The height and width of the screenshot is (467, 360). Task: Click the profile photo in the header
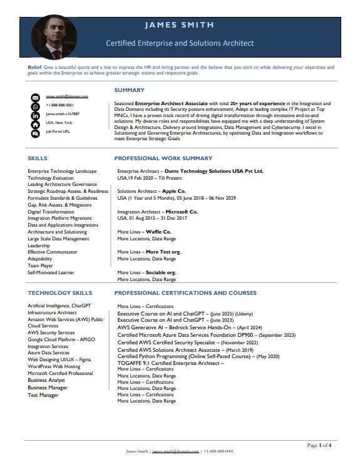tap(54, 37)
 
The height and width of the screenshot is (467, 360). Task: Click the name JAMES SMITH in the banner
tap(179, 25)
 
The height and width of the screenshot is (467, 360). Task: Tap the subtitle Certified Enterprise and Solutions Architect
tap(180, 43)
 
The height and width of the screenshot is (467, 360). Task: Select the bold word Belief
tap(34, 66)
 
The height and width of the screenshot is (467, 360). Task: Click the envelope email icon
tap(35, 97)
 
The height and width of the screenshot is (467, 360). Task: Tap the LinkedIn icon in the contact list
tap(35, 115)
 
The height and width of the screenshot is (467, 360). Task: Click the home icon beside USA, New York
tap(35, 124)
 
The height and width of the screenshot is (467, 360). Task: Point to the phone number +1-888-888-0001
tap(59, 105)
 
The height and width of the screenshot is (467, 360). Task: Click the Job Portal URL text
tap(58, 132)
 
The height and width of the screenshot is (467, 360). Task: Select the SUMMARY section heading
tap(129, 90)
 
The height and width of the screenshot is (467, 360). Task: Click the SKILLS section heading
tap(38, 158)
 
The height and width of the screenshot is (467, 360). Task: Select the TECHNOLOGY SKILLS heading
tap(59, 293)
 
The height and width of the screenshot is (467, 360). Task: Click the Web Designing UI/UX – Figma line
tap(59, 359)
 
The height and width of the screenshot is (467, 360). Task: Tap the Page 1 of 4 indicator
tap(319, 445)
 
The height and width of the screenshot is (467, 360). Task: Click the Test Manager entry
tap(43, 395)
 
